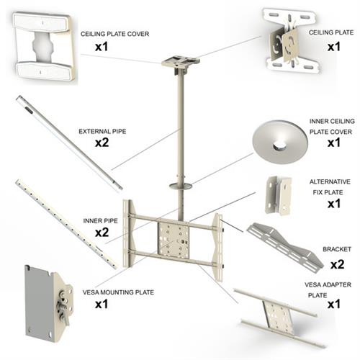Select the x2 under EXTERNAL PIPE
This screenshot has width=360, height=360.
(x=102, y=144)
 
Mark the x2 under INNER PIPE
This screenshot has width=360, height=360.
(x=102, y=233)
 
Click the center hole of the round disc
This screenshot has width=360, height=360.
(x=279, y=143)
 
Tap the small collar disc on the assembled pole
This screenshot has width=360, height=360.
(x=179, y=186)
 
